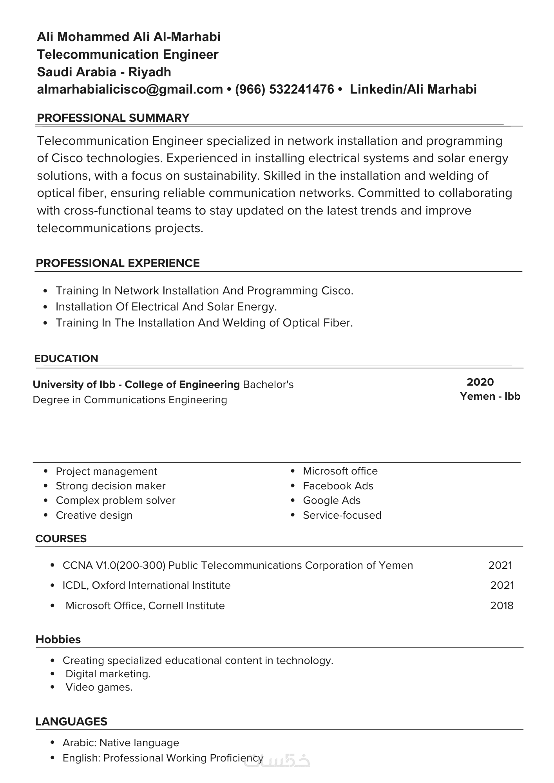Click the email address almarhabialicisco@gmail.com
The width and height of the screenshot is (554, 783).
pyautogui.click(x=130, y=89)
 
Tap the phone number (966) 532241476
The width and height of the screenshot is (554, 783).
pyautogui.click(x=284, y=89)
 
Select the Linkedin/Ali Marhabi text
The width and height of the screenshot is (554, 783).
pyautogui.click(x=413, y=89)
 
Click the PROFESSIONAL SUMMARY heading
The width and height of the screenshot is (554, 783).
pyautogui.click(x=113, y=118)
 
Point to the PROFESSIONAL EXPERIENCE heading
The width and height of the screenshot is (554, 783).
pyautogui.click(x=118, y=263)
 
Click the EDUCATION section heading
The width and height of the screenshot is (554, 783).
pyautogui.click(x=66, y=359)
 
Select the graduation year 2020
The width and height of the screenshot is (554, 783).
pyautogui.click(x=480, y=382)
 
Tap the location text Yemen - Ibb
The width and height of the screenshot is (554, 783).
pyautogui.click(x=490, y=396)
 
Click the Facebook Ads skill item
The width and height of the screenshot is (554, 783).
pyautogui.click(x=338, y=486)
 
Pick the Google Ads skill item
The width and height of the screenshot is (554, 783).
pyautogui.click(x=331, y=500)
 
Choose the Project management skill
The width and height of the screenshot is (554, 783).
pyautogui.click(x=106, y=471)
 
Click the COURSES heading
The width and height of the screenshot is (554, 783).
pyautogui.click(x=61, y=539)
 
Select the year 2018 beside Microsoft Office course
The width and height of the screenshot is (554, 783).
pyautogui.click(x=501, y=606)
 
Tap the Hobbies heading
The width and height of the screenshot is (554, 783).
pyautogui.click(x=58, y=639)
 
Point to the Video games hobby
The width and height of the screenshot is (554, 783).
pyautogui.click(x=99, y=687)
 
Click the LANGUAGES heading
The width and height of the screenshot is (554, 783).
pyautogui.click(x=71, y=722)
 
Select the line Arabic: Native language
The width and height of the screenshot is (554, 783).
pyautogui.click(x=121, y=743)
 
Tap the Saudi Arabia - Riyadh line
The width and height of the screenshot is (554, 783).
pyautogui.click(x=104, y=72)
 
